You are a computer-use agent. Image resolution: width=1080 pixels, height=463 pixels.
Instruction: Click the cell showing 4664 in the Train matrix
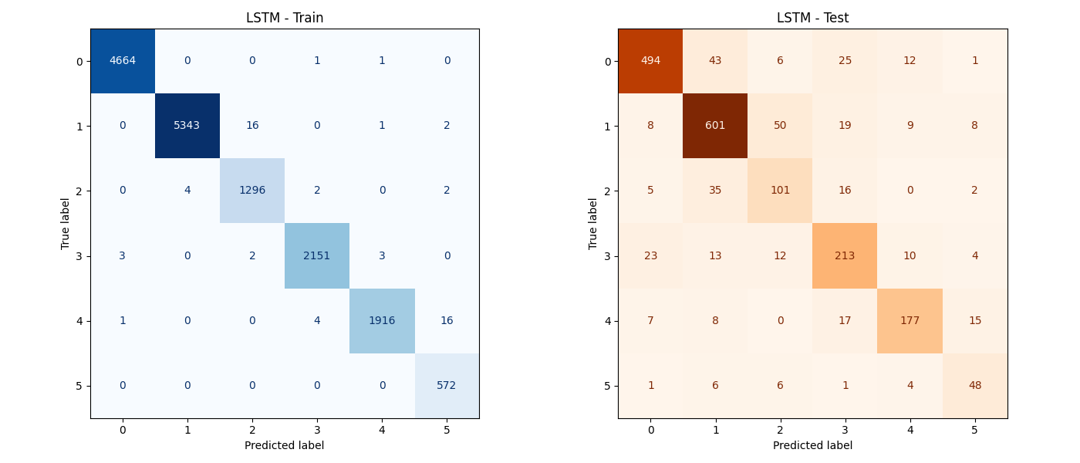(123, 61)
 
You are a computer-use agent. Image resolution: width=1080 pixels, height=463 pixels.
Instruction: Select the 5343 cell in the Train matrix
(187, 126)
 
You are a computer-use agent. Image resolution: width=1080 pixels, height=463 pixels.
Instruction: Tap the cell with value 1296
(252, 191)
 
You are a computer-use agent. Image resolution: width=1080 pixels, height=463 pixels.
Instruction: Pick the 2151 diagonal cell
(317, 255)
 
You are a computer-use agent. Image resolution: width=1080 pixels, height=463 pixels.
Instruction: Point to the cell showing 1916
(382, 320)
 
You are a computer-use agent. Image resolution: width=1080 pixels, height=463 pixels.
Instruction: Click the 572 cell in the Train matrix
(447, 385)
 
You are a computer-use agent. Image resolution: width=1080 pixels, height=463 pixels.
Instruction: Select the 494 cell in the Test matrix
(650, 61)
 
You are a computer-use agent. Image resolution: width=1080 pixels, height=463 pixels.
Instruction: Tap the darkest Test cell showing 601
(715, 126)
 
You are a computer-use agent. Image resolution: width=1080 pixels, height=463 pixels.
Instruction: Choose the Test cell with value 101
(780, 191)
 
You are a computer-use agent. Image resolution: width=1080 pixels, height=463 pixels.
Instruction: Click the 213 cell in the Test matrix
(845, 255)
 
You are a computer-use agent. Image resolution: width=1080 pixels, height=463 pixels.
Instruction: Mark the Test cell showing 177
(910, 320)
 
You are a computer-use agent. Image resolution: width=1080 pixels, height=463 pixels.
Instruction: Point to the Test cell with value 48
(974, 385)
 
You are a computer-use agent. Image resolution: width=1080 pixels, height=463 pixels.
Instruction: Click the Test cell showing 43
(715, 61)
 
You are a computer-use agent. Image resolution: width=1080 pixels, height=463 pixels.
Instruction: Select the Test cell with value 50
(780, 126)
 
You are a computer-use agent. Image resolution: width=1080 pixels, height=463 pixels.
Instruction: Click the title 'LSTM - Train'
(285, 18)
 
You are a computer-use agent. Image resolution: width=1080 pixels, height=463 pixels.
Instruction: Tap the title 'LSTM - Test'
(812, 18)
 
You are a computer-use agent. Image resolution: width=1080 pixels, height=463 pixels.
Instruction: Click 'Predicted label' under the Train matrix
(285, 445)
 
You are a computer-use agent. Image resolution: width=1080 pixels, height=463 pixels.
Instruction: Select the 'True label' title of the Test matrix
(593, 224)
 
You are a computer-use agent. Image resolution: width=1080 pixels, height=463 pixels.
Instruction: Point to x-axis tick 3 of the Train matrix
(317, 430)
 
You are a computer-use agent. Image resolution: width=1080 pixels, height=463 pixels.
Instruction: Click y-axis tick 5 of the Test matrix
(608, 386)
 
